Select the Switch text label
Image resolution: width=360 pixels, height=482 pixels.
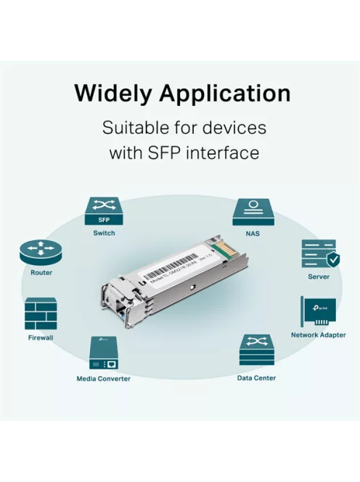click(x=104, y=233)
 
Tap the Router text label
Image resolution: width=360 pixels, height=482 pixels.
click(x=41, y=273)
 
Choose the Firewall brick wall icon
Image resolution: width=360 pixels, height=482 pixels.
click(x=41, y=314)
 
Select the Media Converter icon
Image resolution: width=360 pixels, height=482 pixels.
click(x=104, y=354)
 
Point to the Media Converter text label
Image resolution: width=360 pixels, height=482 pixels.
click(x=104, y=379)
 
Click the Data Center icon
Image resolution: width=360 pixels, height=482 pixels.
click(x=256, y=351)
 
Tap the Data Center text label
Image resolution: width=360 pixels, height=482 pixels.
click(x=256, y=378)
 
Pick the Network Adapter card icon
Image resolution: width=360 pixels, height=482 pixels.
click(x=318, y=311)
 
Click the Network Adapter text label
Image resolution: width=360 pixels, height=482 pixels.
click(x=318, y=335)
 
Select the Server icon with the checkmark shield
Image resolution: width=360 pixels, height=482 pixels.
click(x=319, y=253)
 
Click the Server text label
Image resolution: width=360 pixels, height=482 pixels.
click(x=319, y=277)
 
